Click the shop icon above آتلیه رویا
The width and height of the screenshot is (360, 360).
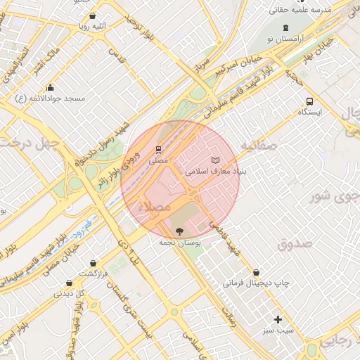[x=94, y=15]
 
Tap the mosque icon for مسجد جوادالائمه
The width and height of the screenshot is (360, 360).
[x=50, y=88]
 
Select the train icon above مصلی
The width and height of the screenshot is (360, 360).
[x=159, y=150]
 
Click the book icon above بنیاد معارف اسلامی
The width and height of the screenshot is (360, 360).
[x=215, y=161]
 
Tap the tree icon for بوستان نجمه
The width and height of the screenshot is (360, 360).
[x=179, y=231]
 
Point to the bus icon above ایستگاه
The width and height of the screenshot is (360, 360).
[x=310, y=101]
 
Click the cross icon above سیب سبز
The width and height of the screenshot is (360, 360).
[x=278, y=319]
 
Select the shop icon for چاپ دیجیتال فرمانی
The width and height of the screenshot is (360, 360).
[x=256, y=272]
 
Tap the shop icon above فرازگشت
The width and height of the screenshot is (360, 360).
[x=92, y=263]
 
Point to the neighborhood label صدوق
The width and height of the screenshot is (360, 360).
[x=294, y=245]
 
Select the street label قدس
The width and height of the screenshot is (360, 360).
[x=116, y=56]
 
